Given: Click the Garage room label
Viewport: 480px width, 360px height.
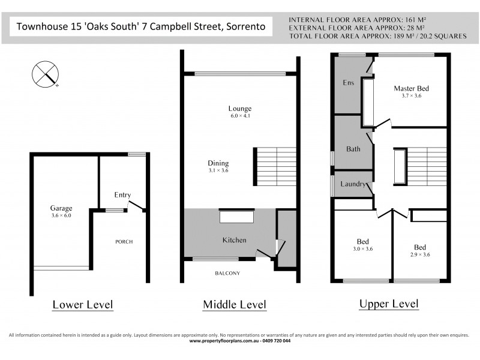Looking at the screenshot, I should pos(61,208).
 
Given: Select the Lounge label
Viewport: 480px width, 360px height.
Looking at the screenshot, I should pos(239,109).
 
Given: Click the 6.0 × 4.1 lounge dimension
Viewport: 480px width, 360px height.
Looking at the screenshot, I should pos(239,116).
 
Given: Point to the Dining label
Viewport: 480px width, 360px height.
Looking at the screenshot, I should pos(218,163).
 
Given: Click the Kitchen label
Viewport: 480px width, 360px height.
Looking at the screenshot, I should pos(234,240).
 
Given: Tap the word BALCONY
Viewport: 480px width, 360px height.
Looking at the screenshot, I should pos(227,274).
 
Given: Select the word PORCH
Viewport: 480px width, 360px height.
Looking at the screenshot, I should pos(124,242).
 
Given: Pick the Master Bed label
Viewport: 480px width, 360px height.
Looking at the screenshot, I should pos(411,88).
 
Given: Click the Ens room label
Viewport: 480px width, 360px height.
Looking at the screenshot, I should pos(347,83).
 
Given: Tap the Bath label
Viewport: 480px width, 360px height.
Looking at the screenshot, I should pos(353,149).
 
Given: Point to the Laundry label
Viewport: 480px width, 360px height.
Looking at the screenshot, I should pos(353,184).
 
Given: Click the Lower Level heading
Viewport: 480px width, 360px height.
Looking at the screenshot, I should pos(83,305).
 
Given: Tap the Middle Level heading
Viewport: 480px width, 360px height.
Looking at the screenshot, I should pos(234,305).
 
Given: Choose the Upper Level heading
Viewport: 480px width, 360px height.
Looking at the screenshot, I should pos(388,304).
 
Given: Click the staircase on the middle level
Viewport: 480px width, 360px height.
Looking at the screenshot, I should pos(276,166).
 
